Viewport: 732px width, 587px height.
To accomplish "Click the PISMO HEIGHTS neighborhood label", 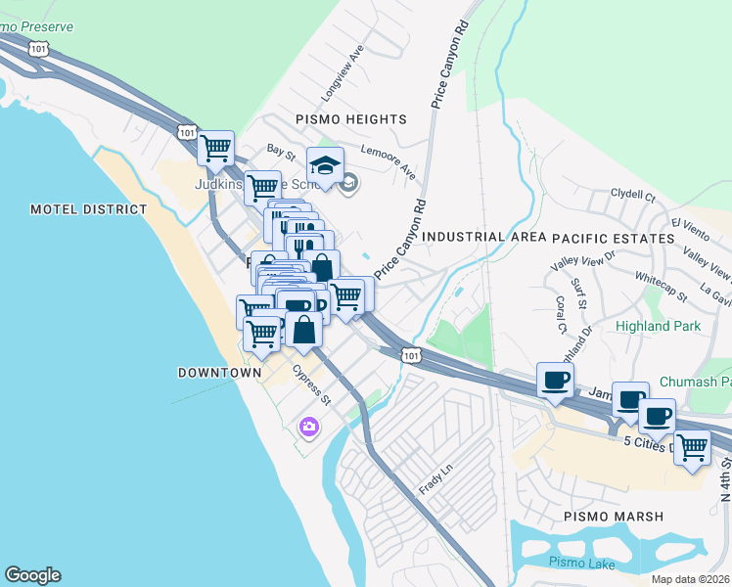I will [x=350, y=119].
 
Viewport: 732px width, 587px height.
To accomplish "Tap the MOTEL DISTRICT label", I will [x=88, y=209].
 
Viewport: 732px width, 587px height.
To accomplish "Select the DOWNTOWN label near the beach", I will [x=219, y=373].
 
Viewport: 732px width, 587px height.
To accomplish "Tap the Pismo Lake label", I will [x=579, y=562].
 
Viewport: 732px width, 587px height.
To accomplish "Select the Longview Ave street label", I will [x=343, y=73].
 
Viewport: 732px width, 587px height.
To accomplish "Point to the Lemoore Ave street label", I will [x=389, y=162].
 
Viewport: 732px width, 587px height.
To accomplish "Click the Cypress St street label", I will [x=314, y=385].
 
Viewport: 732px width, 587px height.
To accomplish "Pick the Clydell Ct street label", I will [x=633, y=196].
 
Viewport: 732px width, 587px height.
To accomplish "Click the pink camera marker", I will [x=308, y=426].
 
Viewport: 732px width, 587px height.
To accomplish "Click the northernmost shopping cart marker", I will [x=215, y=148].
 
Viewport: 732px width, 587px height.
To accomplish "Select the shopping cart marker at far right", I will [x=693, y=447].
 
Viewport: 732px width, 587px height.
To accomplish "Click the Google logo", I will [x=32, y=575].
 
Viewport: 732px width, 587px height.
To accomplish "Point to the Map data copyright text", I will [x=691, y=579].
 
